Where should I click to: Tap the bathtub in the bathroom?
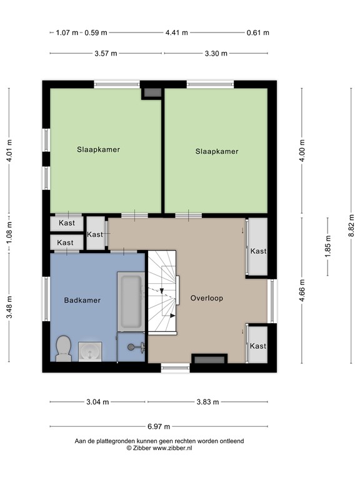(131, 301)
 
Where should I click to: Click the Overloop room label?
(207, 298)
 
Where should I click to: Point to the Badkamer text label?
(82, 300)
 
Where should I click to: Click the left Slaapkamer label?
(99, 149)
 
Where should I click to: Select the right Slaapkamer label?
(217, 151)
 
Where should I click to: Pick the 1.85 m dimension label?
(328, 246)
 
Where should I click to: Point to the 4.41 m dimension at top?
(176, 32)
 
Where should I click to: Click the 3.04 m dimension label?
(97, 402)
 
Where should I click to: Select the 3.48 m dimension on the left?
(9, 307)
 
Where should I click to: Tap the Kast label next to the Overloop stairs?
(95, 234)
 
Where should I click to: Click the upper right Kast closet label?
(258, 251)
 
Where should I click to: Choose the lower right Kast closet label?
(258, 346)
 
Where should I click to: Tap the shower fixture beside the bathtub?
(132, 346)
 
